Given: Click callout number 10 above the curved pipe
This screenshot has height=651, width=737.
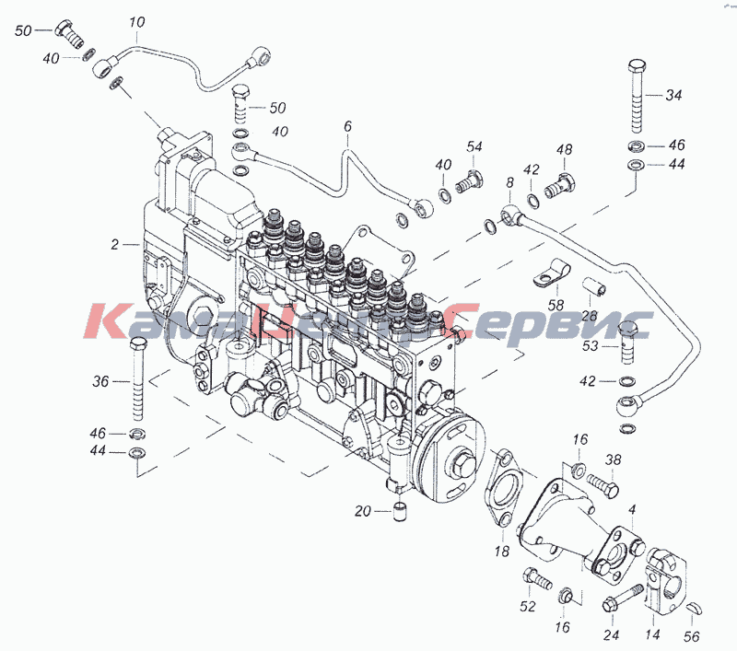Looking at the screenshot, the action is (136, 22).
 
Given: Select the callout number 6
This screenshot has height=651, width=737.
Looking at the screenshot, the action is (347, 126).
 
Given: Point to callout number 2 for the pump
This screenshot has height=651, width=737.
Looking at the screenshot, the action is (114, 245).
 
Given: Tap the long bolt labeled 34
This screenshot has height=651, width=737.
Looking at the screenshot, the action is (637, 97).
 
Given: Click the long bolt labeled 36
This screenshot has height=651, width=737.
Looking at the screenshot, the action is (137, 378).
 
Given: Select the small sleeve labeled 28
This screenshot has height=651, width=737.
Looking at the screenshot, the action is (594, 288).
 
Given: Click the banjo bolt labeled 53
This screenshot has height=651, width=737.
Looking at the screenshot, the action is (628, 342).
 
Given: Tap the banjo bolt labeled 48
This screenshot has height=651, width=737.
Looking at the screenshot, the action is (560, 185).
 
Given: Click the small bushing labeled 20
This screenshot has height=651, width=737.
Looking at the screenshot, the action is (399, 511).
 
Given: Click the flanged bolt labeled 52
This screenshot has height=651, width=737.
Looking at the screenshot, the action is (537, 579).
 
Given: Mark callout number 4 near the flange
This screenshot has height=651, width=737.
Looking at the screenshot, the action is (633, 509).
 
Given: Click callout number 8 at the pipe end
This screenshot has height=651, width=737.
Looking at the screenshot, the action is (510, 182).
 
